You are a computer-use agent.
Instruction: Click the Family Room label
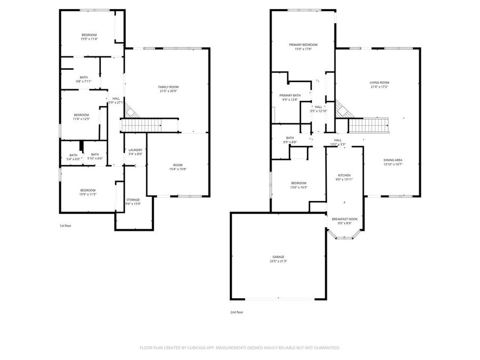[168, 87]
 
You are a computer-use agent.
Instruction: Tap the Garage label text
[278, 257]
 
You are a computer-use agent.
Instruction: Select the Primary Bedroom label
[303, 45]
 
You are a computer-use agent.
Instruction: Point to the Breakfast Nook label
[345, 219]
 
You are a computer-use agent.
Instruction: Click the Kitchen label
[344, 175]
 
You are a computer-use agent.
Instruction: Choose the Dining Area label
[393, 160]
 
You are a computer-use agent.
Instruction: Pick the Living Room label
[379, 83]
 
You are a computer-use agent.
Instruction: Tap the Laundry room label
[135, 150]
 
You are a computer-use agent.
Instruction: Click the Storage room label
[133, 200]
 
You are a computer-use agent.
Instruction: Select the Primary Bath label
[291, 95]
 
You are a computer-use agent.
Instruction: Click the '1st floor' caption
[65, 226]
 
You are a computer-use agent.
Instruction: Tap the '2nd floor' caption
[237, 313]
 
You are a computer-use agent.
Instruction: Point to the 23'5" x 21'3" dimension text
[278, 261]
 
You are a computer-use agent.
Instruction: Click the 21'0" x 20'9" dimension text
[168, 91]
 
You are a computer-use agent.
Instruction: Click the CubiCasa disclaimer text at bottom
[239, 348]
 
